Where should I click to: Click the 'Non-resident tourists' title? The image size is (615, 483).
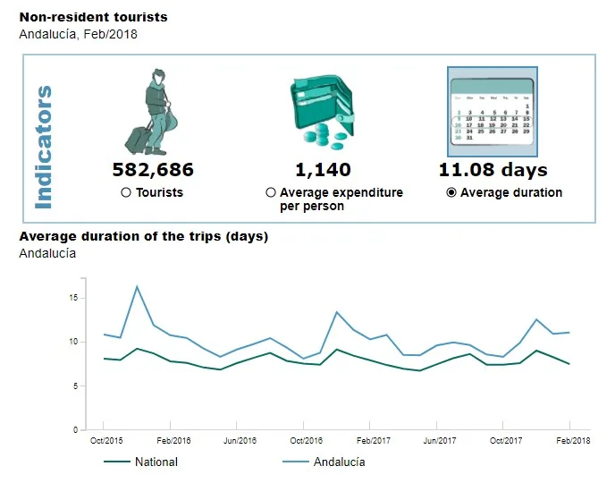point(93,17)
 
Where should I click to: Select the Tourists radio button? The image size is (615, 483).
point(126,192)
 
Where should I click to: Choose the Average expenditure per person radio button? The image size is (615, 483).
point(271,192)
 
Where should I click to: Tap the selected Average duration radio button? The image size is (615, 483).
point(451,192)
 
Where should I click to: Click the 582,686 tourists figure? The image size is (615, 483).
point(153,170)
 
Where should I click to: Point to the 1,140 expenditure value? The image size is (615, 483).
point(323,170)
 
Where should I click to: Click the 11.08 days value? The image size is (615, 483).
point(493,170)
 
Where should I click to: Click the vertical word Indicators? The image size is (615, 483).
point(42,148)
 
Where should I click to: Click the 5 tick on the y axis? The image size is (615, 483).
point(77,386)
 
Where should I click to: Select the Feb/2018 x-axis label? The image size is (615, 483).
point(570,441)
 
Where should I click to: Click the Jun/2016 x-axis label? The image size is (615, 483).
point(239,441)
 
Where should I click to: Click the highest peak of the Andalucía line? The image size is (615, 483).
point(137,286)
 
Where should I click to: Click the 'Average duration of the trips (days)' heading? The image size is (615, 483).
point(144,237)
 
